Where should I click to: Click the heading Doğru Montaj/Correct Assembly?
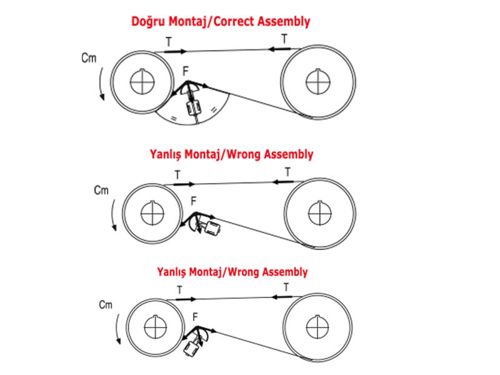coord(221,21)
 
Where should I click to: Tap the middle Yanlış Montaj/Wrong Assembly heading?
coord(231,154)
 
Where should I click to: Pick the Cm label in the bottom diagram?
coord(105,304)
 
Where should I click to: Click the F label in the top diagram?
coord(186,71)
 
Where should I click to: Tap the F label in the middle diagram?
coord(193,201)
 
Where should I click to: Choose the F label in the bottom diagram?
coord(196,316)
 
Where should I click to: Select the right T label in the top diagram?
coord(284,39)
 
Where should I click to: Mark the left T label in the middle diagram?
coord(177,176)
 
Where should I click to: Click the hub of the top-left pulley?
coord(143,81)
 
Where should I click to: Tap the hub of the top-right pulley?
coord(318,79)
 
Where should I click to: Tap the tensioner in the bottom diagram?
coord(196,342)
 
